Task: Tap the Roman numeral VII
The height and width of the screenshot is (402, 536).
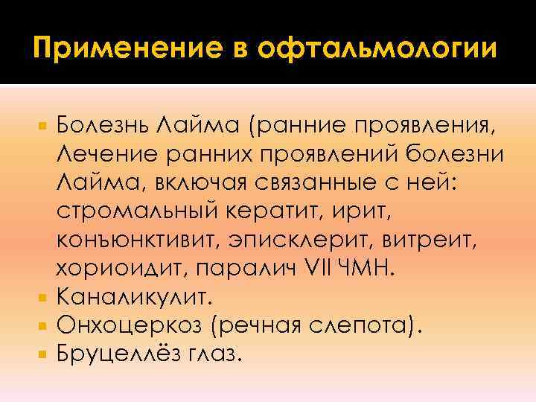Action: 315,269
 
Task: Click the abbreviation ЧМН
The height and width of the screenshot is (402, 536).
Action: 364,269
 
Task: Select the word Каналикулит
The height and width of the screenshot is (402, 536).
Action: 135,298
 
